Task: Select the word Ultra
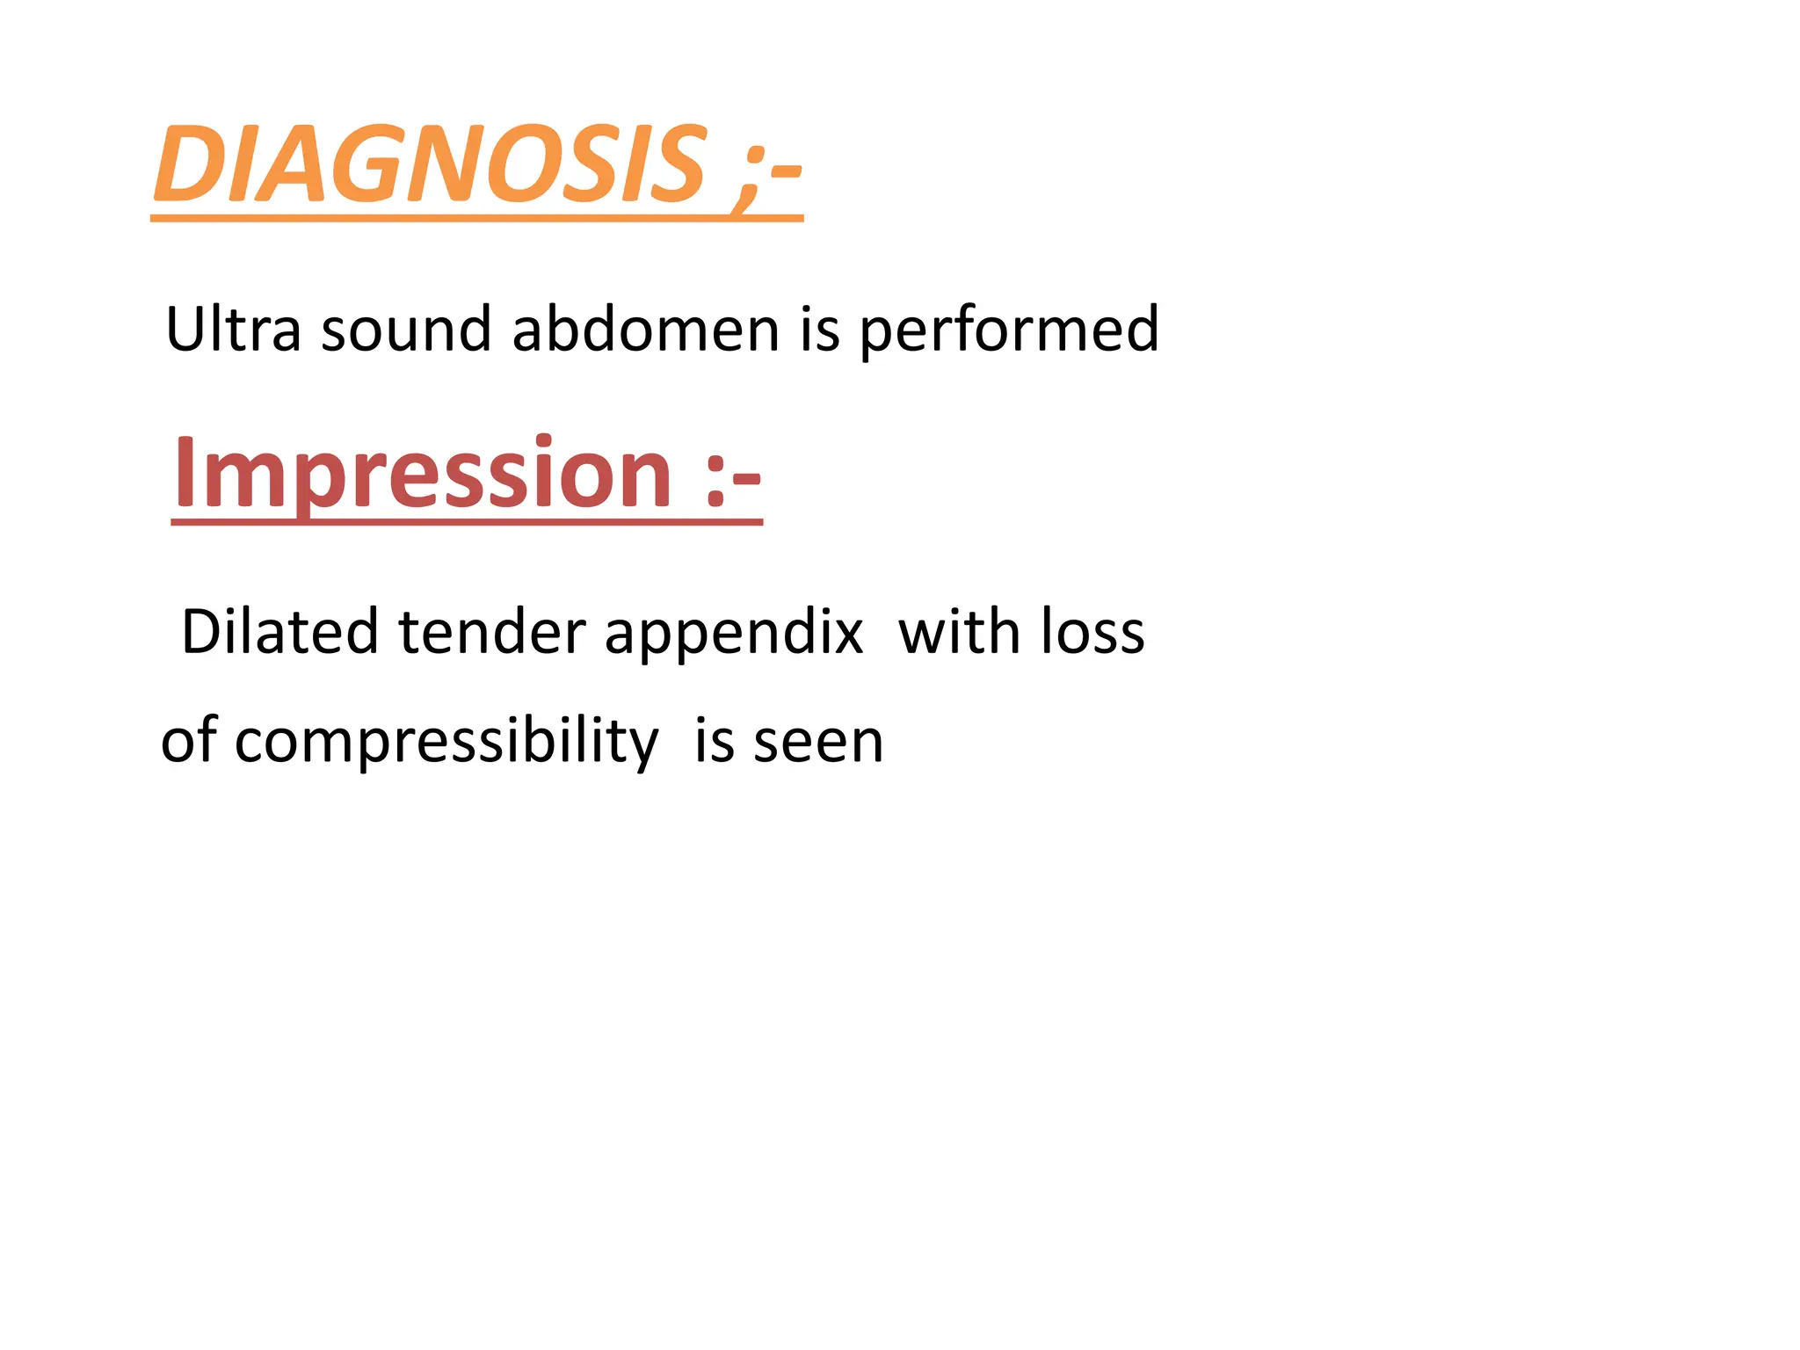coord(233,330)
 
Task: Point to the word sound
coord(405,330)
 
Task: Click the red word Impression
coord(423,475)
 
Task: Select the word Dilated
coord(279,632)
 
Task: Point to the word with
coord(958,632)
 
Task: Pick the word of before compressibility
coord(189,740)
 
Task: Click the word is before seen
coord(714,740)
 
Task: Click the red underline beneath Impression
coord(467,523)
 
